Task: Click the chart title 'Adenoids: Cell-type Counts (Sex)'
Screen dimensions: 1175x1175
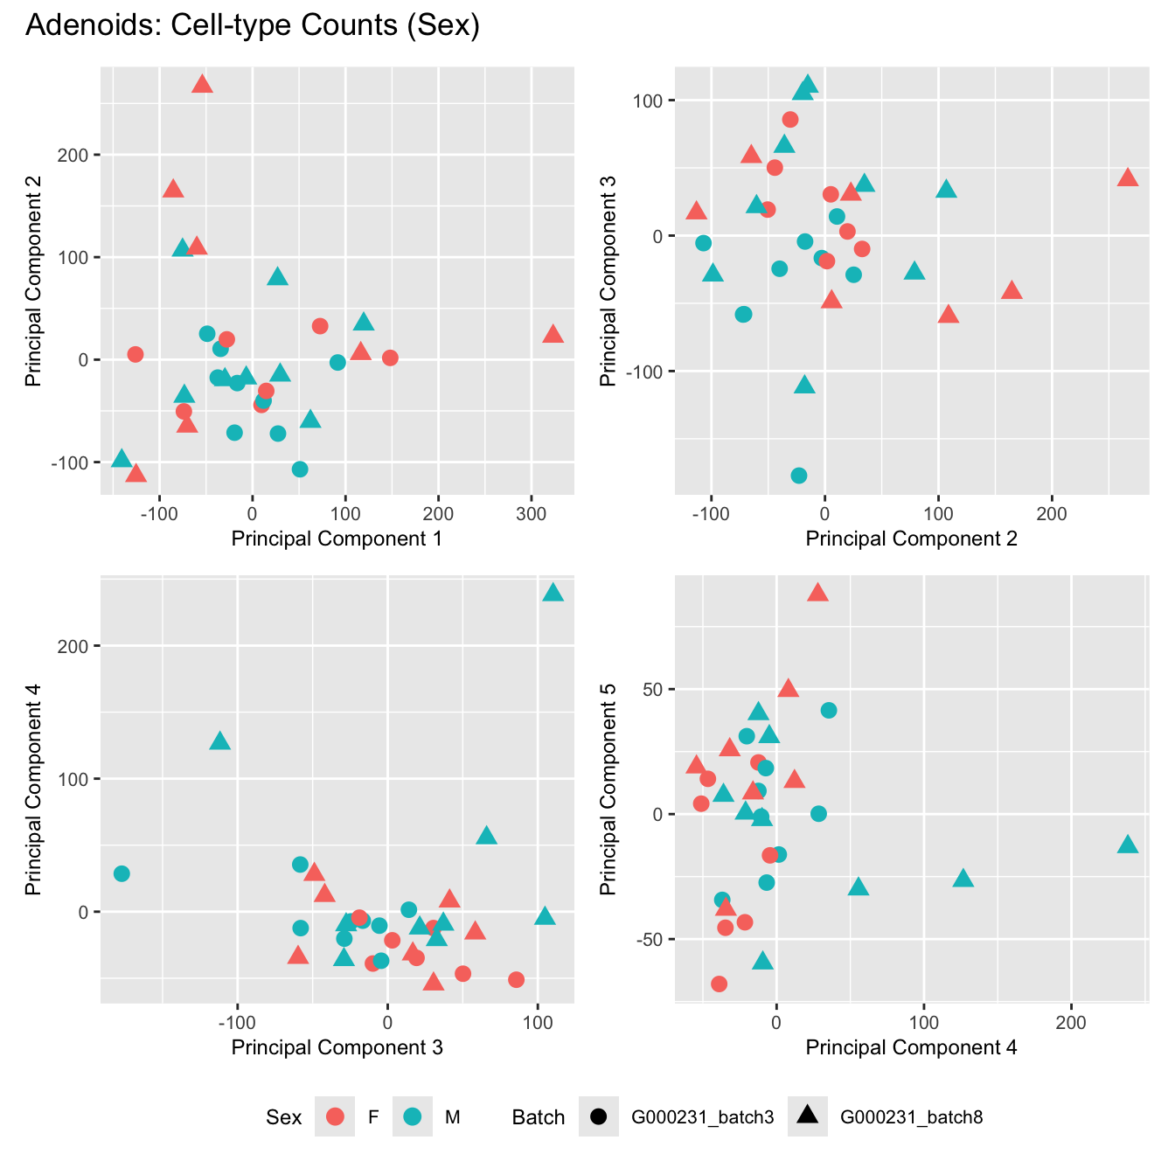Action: pyautogui.click(x=253, y=25)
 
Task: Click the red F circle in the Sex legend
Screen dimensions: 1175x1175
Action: pyautogui.click(x=335, y=1116)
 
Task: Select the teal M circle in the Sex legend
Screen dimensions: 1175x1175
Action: pyautogui.click(x=414, y=1116)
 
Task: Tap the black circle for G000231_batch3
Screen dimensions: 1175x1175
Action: pyautogui.click(x=599, y=1116)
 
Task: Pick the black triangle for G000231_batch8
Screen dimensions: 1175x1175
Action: pyautogui.click(x=807, y=1116)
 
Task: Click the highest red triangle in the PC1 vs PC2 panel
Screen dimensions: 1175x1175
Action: pyautogui.click(x=202, y=85)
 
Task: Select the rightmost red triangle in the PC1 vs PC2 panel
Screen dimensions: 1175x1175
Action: pyautogui.click(x=553, y=335)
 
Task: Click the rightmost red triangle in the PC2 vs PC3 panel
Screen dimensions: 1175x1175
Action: pyautogui.click(x=1128, y=178)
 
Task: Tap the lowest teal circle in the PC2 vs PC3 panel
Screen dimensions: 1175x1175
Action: pyautogui.click(x=798, y=476)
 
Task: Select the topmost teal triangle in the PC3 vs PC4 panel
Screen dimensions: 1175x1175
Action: pyautogui.click(x=553, y=594)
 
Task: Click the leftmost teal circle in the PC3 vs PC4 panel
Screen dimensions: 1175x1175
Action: pyautogui.click(x=122, y=873)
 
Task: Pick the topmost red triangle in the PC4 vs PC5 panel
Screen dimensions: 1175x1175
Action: pyautogui.click(x=817, y=594)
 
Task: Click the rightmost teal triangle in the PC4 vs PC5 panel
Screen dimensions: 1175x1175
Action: pyautogui.click(x=1128, y=845)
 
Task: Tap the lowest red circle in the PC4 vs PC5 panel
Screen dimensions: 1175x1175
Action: pyautogui.click(x=719, y=984)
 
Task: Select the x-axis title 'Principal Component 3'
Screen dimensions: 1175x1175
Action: pyautogui.click(x=337, y=1046)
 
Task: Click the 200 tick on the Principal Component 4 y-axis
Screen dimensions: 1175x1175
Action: pyautogui.click(x=80, y=646)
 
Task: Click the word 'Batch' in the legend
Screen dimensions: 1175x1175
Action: pyautogui.click(x=538, y=1117)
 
